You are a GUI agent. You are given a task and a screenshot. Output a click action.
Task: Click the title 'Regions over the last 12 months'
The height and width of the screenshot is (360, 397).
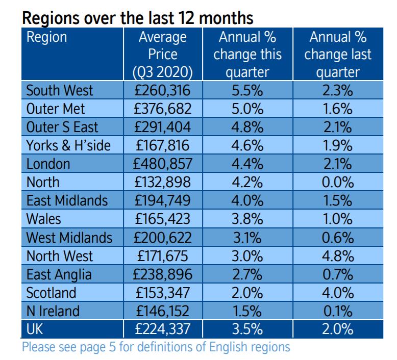(138, 19)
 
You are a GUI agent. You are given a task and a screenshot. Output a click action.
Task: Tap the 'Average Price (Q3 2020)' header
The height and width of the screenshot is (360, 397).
(162, 54)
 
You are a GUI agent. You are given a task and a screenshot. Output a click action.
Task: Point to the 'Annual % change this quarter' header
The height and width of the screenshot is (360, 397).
(247, 54)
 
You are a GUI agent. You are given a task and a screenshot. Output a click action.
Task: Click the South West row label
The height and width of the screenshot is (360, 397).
(60, 91)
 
